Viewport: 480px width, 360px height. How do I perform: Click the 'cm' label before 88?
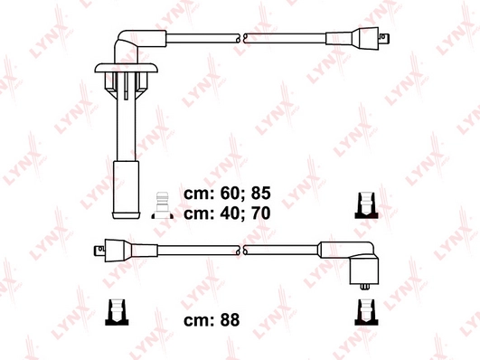[x=198, y=320]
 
